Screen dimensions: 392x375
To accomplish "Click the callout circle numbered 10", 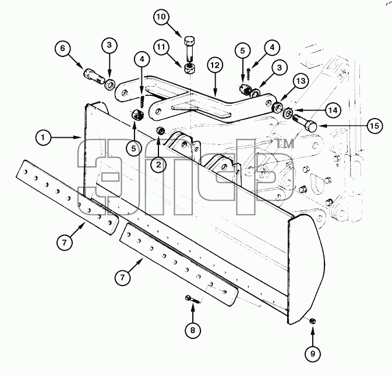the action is coord(161,17).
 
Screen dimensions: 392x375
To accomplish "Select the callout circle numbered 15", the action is coord(375,126).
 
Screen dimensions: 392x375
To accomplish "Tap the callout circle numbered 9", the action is coord(313,354).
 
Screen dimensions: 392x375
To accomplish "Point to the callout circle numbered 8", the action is coord(192,330).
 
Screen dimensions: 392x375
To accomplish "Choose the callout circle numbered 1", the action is coord(43,137).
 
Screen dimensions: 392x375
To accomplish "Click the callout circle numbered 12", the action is coord(215,65).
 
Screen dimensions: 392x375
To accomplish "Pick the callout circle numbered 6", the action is coord(62,48).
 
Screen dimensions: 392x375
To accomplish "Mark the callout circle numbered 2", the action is coord(159,165).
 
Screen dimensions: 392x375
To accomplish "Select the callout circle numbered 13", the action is coord(301,81).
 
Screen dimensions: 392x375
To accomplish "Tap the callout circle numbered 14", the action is coord(333,110).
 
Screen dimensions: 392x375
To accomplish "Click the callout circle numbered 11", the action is coord(161,47).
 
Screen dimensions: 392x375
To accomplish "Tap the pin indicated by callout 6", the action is coord(94,76).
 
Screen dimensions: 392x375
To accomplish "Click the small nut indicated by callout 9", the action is coord(312,321).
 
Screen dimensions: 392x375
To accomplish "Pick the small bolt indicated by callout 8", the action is coord(193,299).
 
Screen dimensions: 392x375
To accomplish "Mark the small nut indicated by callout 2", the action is coord(160,130).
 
